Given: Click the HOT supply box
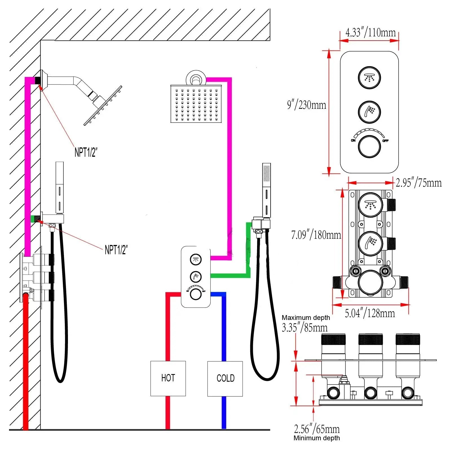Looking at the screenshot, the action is point(168,378).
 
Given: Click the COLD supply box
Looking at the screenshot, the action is point(225,379).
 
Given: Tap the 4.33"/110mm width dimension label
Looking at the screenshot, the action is point(370,32).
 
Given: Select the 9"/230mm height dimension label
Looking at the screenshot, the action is point(306,105).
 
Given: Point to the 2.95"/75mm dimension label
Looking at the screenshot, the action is point(419,183).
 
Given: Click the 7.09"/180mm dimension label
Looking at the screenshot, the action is point(316,235).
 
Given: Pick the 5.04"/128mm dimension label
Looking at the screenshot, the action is point(370,313).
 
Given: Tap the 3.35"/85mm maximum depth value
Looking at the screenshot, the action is point(305,328).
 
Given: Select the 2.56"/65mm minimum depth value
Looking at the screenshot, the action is point(317,429).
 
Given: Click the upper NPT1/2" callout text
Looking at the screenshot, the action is point(86,152).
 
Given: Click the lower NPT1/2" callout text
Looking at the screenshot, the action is point(116,250).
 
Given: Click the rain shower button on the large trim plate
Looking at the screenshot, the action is point(369,78).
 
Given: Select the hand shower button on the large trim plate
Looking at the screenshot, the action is point(369,112).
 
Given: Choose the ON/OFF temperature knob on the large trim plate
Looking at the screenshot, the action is point(369,147).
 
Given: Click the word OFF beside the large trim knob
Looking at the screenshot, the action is point(385,141).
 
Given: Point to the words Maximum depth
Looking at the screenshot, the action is point(306,318).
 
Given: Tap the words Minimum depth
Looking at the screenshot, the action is point(317,438).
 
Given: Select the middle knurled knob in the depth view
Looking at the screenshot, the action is point(370,339).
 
